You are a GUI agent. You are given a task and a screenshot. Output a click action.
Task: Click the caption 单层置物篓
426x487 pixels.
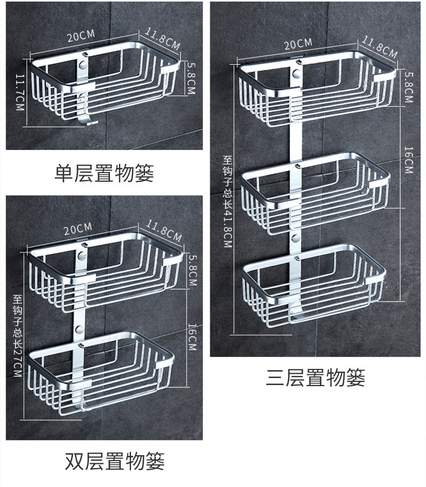tap(105, 173)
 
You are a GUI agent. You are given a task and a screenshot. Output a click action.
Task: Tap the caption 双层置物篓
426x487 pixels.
tap(114, 461)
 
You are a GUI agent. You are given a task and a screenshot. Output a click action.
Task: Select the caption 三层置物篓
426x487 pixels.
tap(315, 378)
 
